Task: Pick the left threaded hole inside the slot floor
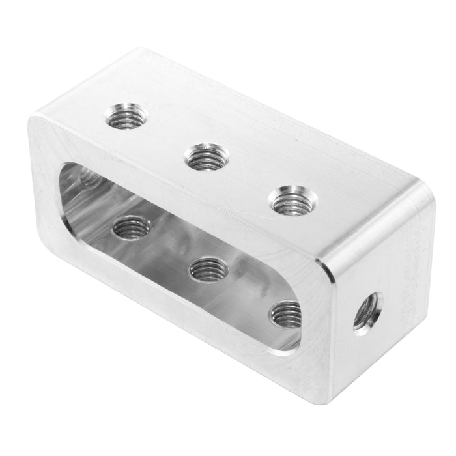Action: (x=132, y=228)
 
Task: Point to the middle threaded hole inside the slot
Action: (x=208, y=268)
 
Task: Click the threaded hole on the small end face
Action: (x=367, y=313)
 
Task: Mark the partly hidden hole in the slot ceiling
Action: (x=89, y=176)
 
